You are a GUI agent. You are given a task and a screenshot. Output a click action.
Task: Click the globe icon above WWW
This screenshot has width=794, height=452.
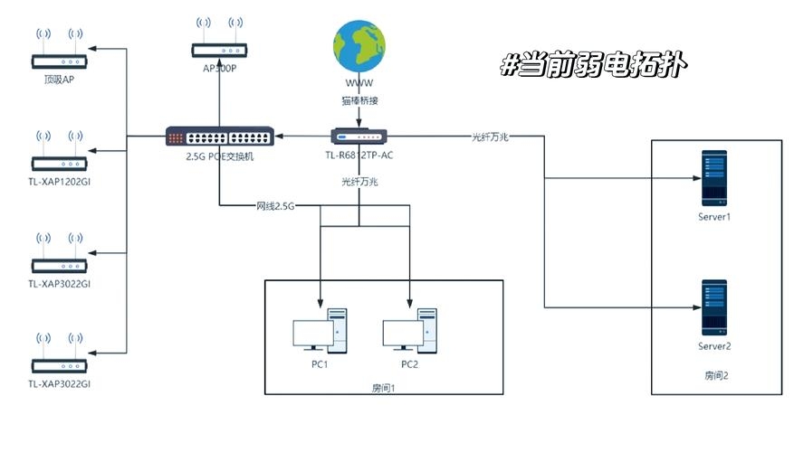359,46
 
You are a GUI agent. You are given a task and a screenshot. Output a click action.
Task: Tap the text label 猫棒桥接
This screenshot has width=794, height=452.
359,101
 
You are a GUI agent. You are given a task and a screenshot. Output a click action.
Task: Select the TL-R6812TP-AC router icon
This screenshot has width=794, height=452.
359,137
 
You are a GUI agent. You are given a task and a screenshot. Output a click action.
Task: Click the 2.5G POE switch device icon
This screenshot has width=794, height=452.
219,137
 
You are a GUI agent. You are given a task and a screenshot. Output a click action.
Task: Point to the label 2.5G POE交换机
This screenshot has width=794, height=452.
219,155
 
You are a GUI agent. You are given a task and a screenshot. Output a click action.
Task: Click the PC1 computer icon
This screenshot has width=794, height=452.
319,333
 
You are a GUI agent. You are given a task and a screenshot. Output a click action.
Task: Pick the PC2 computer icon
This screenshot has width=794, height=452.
409,333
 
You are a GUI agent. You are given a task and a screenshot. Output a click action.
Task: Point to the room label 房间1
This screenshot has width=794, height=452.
384,387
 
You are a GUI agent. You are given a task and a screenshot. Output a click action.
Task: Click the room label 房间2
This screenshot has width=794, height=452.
715,373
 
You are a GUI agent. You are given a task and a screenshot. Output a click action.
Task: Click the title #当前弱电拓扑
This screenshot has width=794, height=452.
593,65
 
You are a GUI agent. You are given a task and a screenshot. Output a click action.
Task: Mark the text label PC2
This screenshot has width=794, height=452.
409,365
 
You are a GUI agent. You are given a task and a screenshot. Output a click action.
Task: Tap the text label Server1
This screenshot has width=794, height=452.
714,218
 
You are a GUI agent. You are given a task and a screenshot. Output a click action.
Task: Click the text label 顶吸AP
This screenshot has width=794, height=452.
59,80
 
